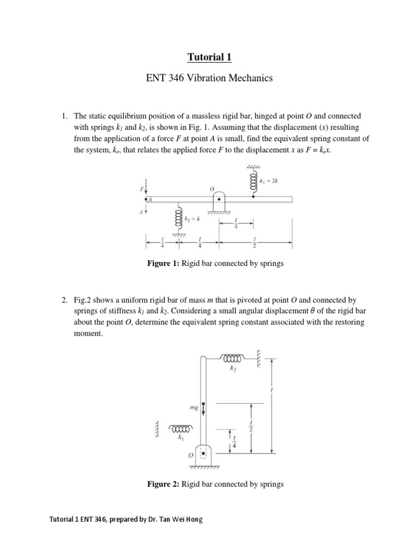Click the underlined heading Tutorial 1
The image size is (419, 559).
click(209, 56)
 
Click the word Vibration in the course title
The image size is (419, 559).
click(212, 79)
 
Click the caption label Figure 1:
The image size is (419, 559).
click(164, 264)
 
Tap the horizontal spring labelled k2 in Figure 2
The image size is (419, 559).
click(234, 358)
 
